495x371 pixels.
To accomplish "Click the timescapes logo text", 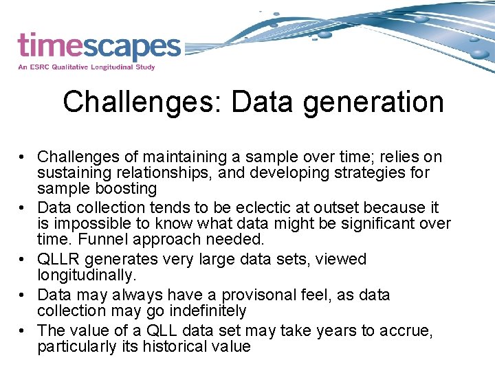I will pos(99,47).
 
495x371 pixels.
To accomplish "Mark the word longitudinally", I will pos(86,275).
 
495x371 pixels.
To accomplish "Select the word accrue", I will pos(406,330).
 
